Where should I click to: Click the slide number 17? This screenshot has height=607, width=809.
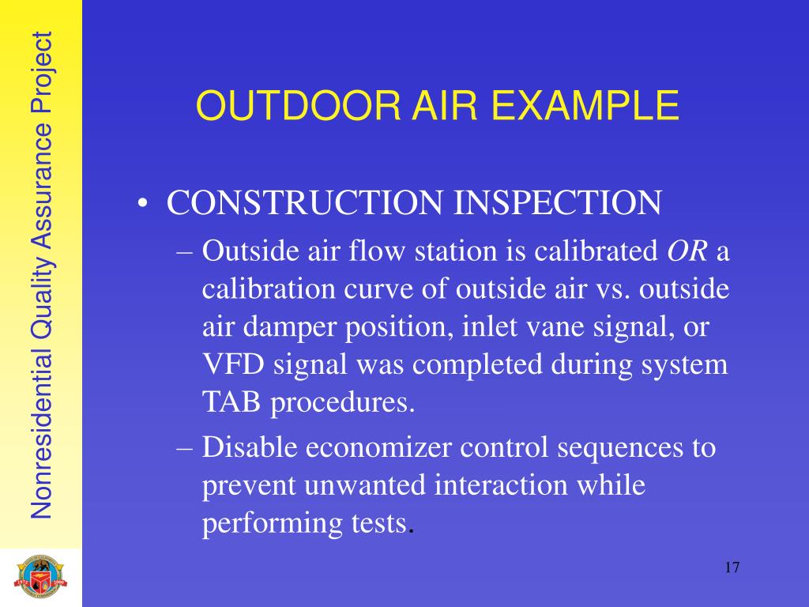coord(731,568)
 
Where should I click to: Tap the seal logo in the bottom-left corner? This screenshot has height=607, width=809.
coord(41,579)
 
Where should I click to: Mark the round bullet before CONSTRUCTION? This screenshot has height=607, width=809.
coord(142,205)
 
